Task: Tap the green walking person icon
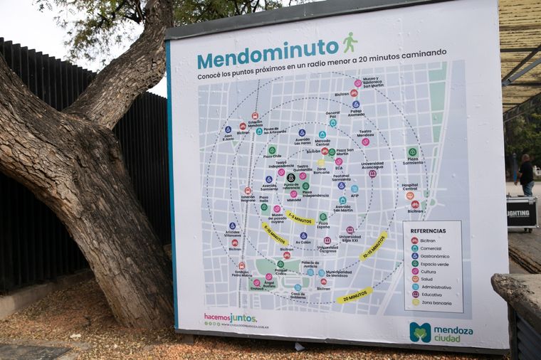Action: [x=350, y=43]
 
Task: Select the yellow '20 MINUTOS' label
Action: [x=354, y=295]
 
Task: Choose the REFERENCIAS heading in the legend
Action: [x=428, y=231]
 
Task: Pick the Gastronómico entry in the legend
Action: [x=435, y=256]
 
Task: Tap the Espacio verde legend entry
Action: [x=435, y=264]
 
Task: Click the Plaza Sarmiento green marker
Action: [x=412, y=152]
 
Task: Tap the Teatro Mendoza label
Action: [x=365, y=133]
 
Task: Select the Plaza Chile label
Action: [x=272, y=155]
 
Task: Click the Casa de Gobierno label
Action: [x=298, y=294]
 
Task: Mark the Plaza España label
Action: [x=323, y=224]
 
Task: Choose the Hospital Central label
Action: [x=409, y=186]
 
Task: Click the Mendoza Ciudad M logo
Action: [x=419, y=332]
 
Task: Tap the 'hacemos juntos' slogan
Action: [x=229, y=317]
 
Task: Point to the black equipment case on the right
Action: [x=522, y=212]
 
